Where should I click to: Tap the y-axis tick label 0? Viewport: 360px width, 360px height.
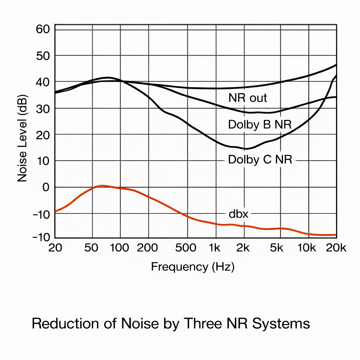[x=46, y=187]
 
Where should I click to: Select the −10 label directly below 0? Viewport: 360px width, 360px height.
[x=41, y=213]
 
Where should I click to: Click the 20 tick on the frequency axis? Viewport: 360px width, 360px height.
[x=55, y=247]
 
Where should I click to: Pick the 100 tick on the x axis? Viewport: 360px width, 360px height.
[x=120, y=247]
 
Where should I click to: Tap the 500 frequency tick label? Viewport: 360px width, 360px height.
[x=186, y=247]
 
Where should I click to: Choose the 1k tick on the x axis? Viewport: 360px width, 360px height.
[x=214, y=247]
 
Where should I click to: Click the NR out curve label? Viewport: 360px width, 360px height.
[x=247, y=98]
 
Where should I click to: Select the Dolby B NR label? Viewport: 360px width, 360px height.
[x=260, y=125]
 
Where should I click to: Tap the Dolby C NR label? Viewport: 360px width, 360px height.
[x=260, y=160]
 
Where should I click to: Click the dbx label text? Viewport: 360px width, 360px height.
[x=238, y=214]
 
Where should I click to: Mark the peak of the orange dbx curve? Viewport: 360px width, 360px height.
[x=101, y=186]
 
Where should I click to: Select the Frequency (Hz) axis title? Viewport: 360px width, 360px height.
[x=193, y=267]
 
